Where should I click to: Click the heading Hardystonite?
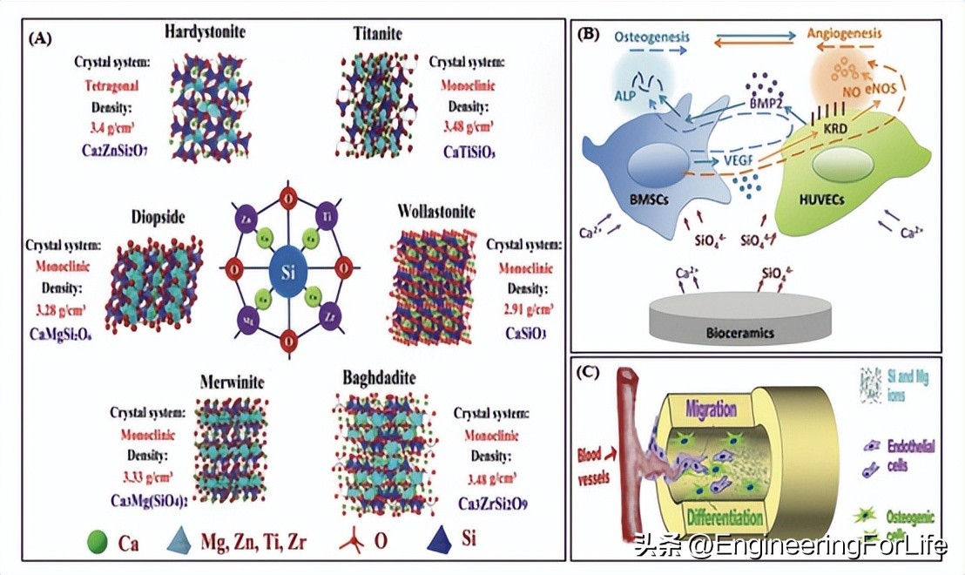[x=205, y=32]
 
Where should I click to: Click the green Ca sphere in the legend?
[x=98, y=542]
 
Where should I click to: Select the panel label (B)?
[x=589, y=36]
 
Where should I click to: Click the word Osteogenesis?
[x=651, y=37]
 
